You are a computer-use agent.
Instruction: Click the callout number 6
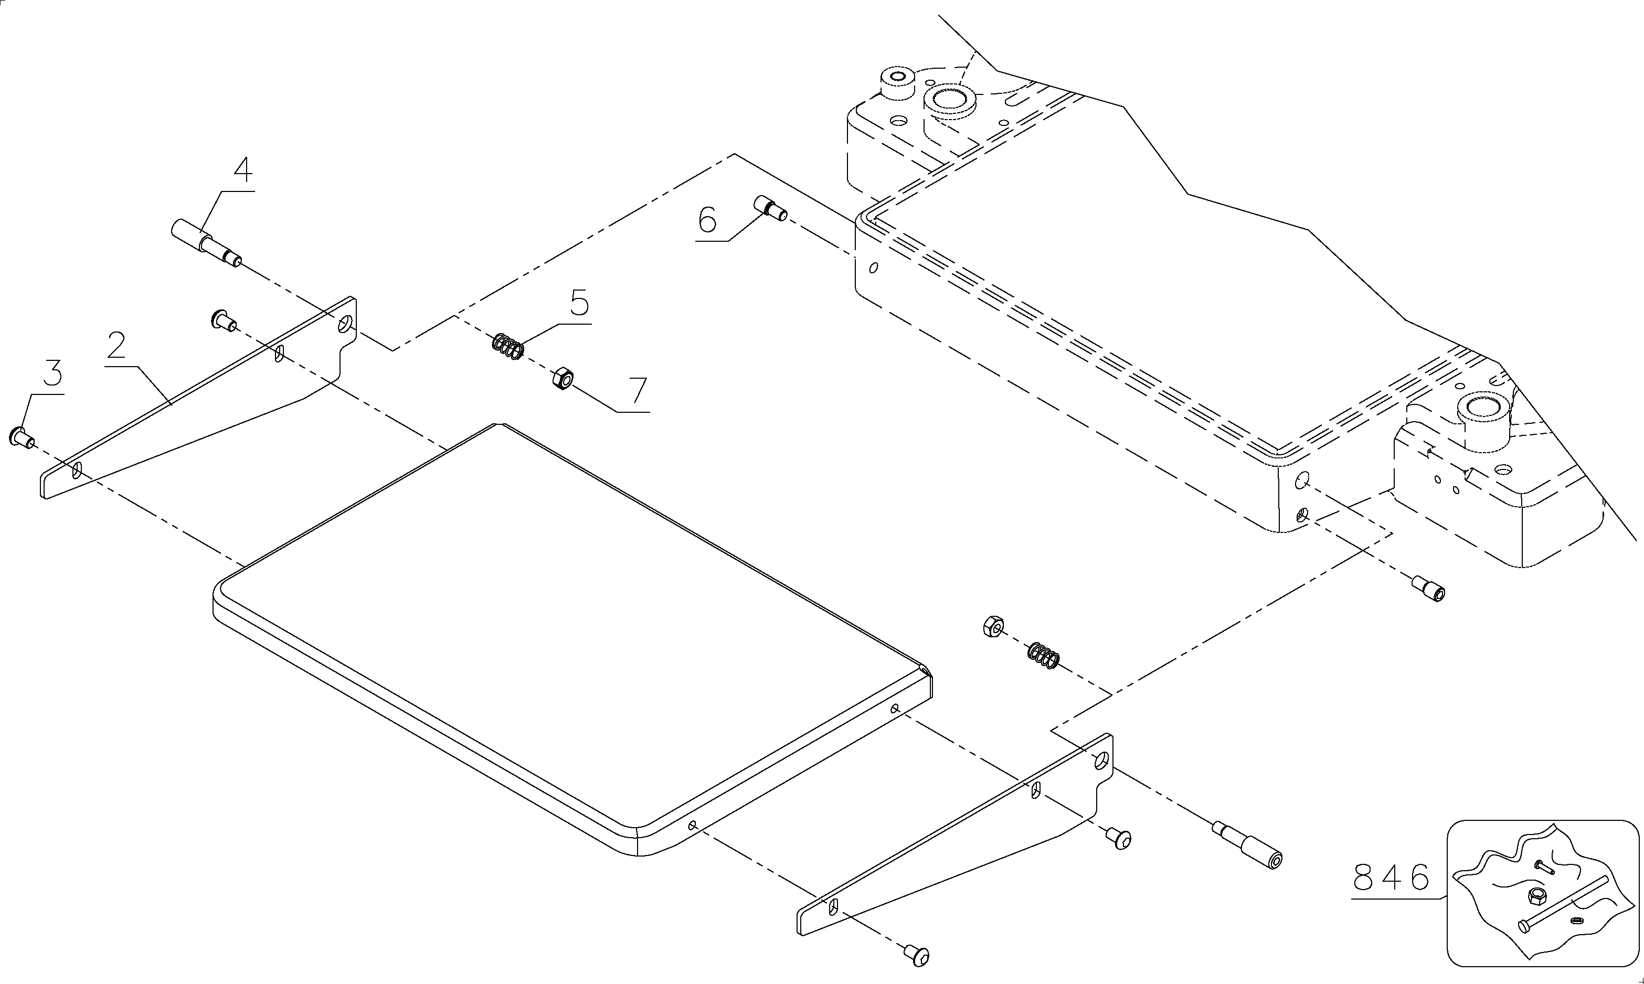707,219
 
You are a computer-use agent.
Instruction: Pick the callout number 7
638,391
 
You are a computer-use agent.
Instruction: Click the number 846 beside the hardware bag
1390,878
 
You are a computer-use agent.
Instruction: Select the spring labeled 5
508,346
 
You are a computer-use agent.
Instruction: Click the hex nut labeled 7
563,379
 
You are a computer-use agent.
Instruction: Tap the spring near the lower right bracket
1043,656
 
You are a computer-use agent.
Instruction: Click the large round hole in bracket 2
345,324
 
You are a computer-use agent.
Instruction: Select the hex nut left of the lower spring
993,626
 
